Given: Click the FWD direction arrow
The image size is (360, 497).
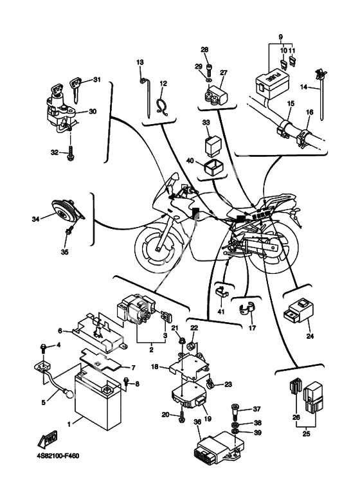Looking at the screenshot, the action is click(47, 438).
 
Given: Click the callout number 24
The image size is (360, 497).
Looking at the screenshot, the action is click(310, 336).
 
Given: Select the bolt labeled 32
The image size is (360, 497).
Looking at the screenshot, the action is click(70, 153).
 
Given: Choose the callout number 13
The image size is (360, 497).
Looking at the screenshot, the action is click(140, 62).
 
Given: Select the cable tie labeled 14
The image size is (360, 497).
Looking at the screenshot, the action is click(321, 93).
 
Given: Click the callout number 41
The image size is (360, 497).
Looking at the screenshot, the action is click(221, 312).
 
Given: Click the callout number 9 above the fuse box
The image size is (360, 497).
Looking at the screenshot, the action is click(280, 37).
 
